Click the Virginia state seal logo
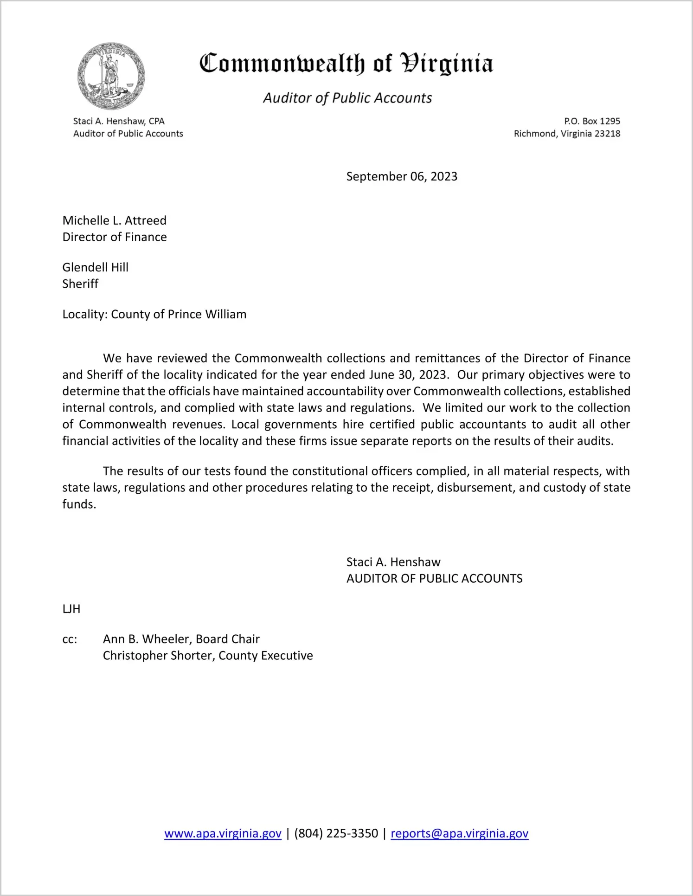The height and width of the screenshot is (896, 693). coord(111,77)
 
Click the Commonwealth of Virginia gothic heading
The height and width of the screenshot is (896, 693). coord(346,64)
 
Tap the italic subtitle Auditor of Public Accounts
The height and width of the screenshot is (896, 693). coord(347,98)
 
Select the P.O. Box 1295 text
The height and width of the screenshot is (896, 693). coord(592,121)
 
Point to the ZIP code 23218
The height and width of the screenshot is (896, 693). coord(607,134)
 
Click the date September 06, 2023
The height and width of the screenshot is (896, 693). coord(402,176)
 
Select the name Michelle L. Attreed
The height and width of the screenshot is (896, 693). coord(115,220)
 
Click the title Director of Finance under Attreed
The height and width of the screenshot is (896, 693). coord(115,237)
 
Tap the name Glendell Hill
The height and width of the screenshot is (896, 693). coord(96,267)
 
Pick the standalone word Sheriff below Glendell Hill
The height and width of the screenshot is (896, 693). coord(80,284)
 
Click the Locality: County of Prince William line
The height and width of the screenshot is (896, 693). coord(154,314)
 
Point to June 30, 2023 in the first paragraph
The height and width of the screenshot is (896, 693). coord(409,374)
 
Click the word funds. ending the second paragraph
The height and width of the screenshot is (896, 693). coord(79,504)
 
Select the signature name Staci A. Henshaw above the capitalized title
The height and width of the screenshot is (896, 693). coord(393,562)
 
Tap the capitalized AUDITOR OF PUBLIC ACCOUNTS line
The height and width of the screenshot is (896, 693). coord(434,579)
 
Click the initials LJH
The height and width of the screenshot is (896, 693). coord(71,609)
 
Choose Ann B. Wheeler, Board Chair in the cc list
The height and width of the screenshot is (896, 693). coord(181,639)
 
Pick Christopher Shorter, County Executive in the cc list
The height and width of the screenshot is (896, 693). coord(208,656)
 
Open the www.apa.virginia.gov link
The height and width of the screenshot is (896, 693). coord(223,833)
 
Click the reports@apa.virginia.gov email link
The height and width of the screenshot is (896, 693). coord(459,833)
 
